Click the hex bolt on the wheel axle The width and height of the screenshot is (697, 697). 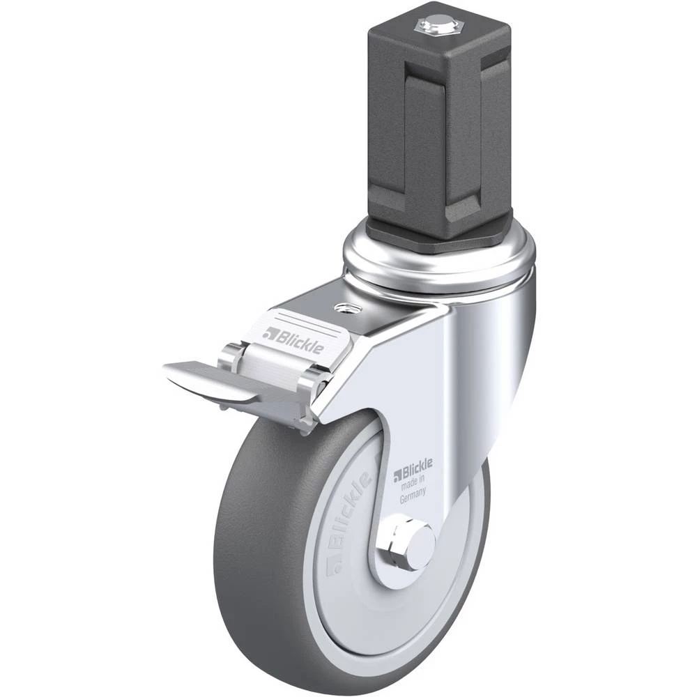tap(406, 546)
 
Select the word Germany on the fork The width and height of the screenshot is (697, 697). tap(413, 495)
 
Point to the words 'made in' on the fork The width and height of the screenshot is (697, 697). tap(413, 482)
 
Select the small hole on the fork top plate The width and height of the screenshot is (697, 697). tap(345, 307)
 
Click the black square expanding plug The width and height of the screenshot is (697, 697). tap(445, 120)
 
